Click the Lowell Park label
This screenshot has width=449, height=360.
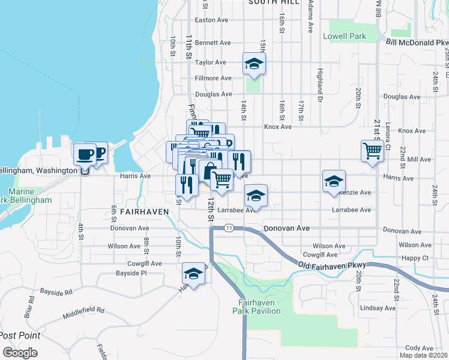click(345, 36)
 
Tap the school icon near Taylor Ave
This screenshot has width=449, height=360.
click(254, 64)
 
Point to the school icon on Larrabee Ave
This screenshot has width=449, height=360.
click(256, 195)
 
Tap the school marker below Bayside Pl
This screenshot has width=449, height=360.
click(193, 273)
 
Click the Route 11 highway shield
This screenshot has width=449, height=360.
click(229, 228)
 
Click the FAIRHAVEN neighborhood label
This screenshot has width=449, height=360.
click(142, 212)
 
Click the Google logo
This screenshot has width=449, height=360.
click(20, 353)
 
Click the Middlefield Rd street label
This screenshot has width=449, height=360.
click(83, 313)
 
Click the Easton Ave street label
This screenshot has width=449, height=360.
click(212, 20)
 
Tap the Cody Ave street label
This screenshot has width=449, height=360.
click(420, 347)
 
